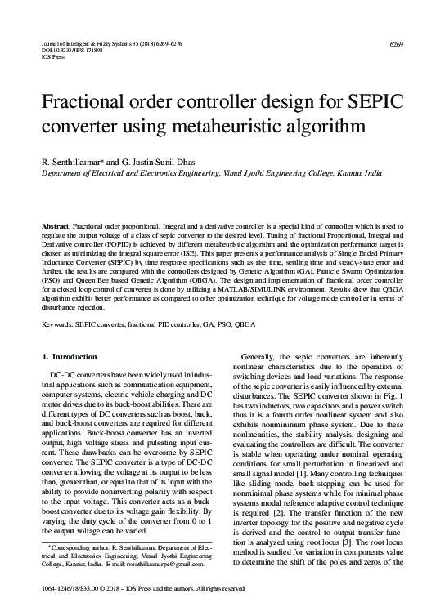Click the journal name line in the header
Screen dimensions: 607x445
[x=106, y=42]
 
